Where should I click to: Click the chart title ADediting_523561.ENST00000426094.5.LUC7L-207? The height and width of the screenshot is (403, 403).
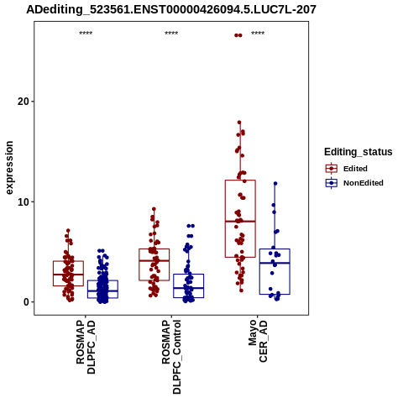click(171, 9)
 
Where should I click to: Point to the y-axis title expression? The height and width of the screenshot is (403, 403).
click(9, 168)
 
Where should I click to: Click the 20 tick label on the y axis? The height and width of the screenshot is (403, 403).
click(24, 102)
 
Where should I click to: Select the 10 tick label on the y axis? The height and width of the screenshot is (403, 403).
click(24, 201)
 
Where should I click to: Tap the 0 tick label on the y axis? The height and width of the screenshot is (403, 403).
click(27, 302)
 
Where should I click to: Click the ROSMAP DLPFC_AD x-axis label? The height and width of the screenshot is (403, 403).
click(86, 348)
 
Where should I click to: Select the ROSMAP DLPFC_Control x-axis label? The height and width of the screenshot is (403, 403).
click(171, 357)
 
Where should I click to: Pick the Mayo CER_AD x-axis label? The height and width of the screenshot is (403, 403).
click(258, 342)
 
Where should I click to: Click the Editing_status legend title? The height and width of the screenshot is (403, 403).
click(359, 152)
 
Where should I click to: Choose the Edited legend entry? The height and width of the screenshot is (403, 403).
click(355, 169)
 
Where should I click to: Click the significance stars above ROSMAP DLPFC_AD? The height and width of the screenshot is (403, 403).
click(86, 34)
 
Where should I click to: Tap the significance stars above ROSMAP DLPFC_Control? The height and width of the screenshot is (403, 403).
click(171, 34)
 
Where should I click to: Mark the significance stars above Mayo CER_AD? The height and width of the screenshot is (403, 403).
click(258, 34)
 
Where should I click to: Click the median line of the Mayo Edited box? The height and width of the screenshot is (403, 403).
click(240, 221)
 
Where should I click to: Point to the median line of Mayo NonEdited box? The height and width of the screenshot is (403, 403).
click(275, 263)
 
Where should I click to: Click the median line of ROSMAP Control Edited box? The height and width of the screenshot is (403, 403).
click(154, 260)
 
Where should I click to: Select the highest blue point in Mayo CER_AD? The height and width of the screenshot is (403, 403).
click(275, 184)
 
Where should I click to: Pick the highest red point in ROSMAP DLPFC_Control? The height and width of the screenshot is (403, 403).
click(154, 209)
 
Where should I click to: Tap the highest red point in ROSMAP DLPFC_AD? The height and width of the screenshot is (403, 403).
click(68, 230)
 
